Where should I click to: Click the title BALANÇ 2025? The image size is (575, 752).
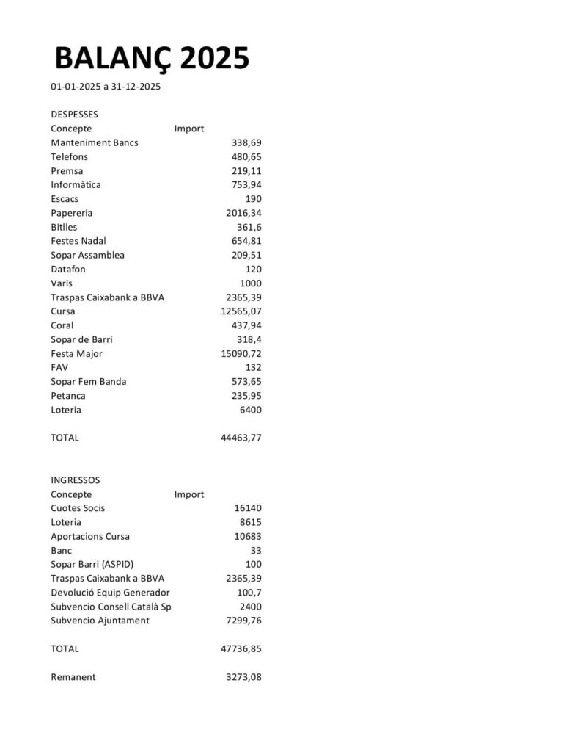tap(152, 58)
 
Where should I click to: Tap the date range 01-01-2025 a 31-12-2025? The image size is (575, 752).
tap(106, 87)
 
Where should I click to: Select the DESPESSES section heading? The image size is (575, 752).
tap(74, 115)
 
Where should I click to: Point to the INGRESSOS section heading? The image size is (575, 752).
tap(75, 480)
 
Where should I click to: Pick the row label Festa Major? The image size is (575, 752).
tap(76, 354)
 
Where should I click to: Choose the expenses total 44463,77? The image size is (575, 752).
tap(241, 438)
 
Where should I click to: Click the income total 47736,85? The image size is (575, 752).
tap(241, 649)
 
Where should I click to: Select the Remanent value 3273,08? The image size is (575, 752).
tap(243, 677)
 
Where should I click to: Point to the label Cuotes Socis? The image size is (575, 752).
tap(78, 508)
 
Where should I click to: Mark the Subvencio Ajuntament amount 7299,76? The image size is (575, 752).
tap(243, 621)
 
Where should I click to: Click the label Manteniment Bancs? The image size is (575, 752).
tap(94, 142)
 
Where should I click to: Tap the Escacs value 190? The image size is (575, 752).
tap(253, 199)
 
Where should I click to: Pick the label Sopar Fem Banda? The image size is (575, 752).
tap(88, 382)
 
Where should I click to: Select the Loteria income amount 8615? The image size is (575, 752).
tap(248, 522)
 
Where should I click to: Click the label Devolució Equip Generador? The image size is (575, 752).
tap(110, 593)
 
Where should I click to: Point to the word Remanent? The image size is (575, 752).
tap(73, 677)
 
